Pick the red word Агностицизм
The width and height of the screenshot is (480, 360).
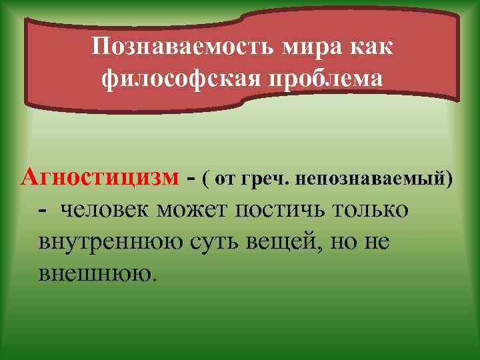click(100, 177)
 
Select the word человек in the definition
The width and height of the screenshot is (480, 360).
click(106, 209)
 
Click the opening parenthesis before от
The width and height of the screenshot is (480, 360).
click(207, 179)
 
